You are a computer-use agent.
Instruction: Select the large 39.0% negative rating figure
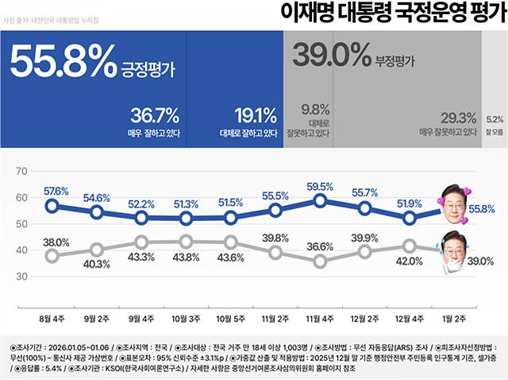(x=332, y=55)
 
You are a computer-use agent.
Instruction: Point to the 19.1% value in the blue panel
(x=256, y=116)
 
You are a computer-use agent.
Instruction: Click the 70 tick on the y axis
(x=21, y=171)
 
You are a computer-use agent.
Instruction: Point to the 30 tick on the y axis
(x=21, y=276)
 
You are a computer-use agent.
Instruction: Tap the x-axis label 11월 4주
(x=320, y=320)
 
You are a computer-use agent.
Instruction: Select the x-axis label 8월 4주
(x=52, y=320)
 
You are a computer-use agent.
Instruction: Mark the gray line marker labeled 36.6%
(x=320, y=261)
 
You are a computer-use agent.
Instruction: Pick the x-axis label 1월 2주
(x=455, y=320)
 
